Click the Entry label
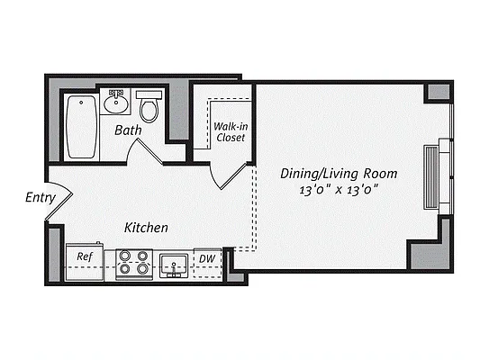pyautogui.click(x=41, y=198)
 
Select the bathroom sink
pyautogui.click(x=115, y=104)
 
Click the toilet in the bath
pyautogui.click(x=149, y=109)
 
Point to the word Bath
pyautogui.click(x=129, y=131)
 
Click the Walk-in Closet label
pyautogui.click(x=231, y=132)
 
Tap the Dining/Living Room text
pyautogui.click(x=340, y=173)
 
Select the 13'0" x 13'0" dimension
pyautogui.click(x=340, y=189)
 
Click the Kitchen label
pyautogui.click(x=146, y=228)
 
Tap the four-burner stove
pyautogui.click(x=134, y=263)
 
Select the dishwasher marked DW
pyautogui.click(x=206, y=260)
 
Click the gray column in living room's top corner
pyautogui.click(x=437, y=93)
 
